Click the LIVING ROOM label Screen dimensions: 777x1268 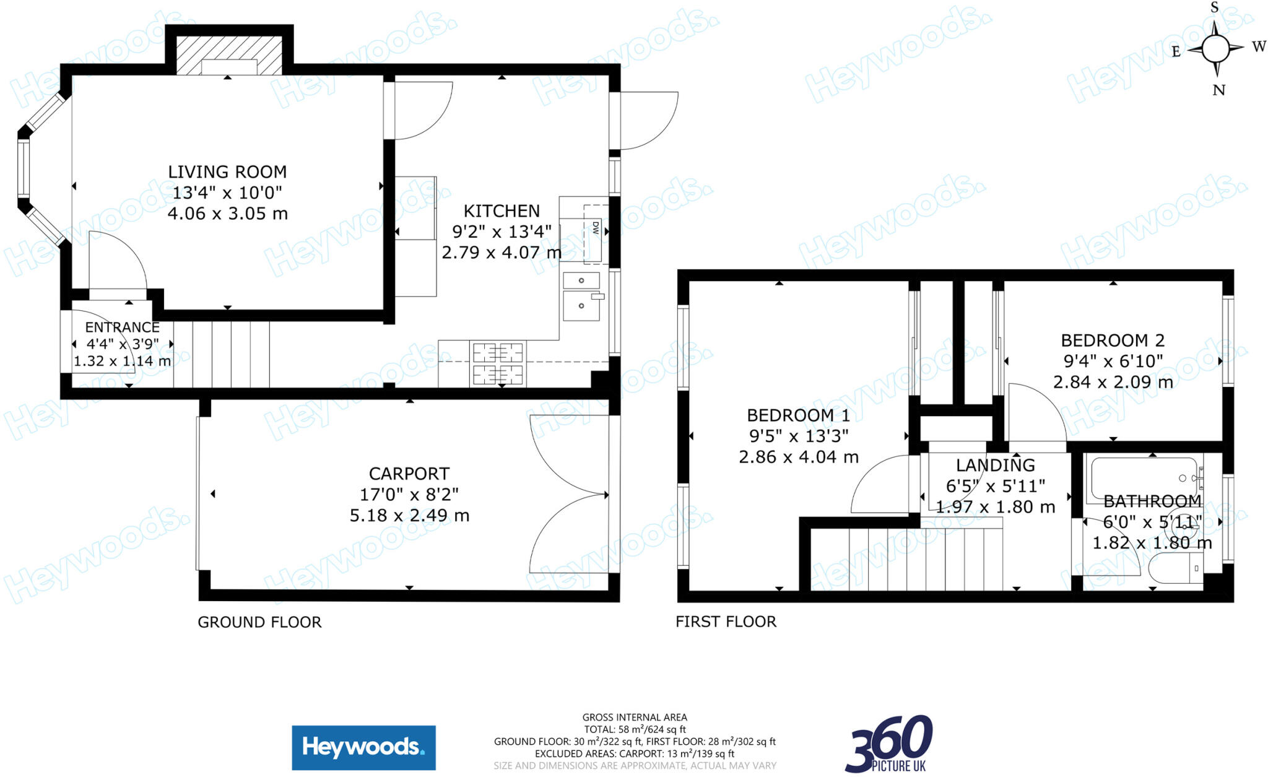click(227, 171)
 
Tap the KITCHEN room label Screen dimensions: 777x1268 click(502, 211)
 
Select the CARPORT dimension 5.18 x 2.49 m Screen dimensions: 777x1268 click(409, 515)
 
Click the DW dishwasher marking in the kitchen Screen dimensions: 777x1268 click(595, 228)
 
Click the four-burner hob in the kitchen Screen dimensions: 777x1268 click(498, 363)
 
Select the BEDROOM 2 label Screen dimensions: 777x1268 click(1113, 340)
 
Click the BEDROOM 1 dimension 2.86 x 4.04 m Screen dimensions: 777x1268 click(798, 457)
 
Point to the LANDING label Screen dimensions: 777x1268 click(995, 465)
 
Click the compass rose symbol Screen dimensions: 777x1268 click(1215, 49)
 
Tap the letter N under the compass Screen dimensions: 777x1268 click(1218, 90)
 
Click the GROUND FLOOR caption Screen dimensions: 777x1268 click(259, 622)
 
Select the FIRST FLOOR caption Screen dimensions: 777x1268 click(726, 622)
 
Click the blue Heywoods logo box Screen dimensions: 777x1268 click(363, 747)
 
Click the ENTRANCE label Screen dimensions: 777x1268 click(122, 327)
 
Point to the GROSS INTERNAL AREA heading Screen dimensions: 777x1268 click(635, 718)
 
